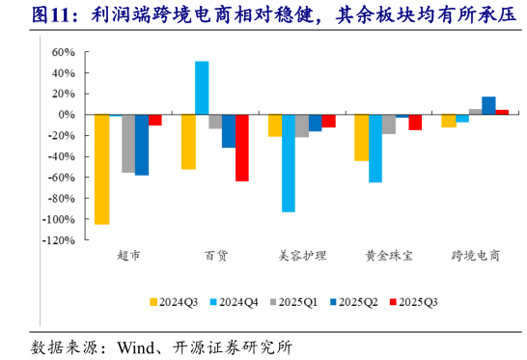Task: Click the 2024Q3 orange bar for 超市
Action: pos(101,169)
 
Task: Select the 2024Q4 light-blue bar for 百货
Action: pos(202,88)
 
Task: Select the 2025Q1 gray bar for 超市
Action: pos(128,143)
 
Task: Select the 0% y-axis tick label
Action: pos(64,115)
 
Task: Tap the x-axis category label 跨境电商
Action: pos(475,256)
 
